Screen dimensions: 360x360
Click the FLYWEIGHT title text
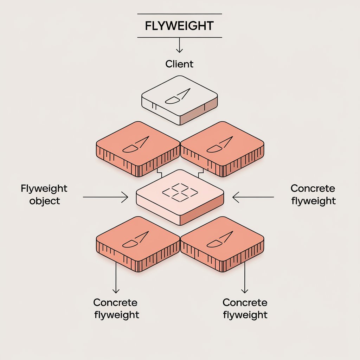pos(179,26)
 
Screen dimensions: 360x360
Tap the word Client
pos(179,64)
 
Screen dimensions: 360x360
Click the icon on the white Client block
pos(178,96)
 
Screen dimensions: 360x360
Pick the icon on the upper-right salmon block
pos(219,144)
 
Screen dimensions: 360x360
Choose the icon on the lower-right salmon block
pos(219,239)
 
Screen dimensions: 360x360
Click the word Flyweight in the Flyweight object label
pos(44,188)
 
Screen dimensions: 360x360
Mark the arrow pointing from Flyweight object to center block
pos(105,197)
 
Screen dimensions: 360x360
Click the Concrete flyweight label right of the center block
pos(313,194)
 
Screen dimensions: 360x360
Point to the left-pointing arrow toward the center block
pos(253,197)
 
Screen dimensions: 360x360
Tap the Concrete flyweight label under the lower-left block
pos(116,308)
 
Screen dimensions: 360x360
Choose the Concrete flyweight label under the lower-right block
pos(245,308)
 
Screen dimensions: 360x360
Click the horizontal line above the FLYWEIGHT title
pos(179,14)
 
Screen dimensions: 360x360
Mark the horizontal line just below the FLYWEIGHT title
pos(179,37)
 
